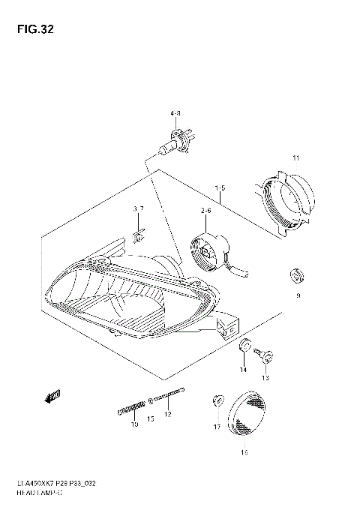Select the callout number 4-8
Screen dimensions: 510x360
175,113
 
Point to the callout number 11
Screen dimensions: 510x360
295,159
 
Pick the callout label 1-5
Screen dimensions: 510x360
220,187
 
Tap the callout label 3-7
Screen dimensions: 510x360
138,208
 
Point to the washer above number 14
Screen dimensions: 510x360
244,347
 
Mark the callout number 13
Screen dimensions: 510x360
264,379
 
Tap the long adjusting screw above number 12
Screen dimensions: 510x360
169,395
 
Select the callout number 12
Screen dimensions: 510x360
168,415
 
